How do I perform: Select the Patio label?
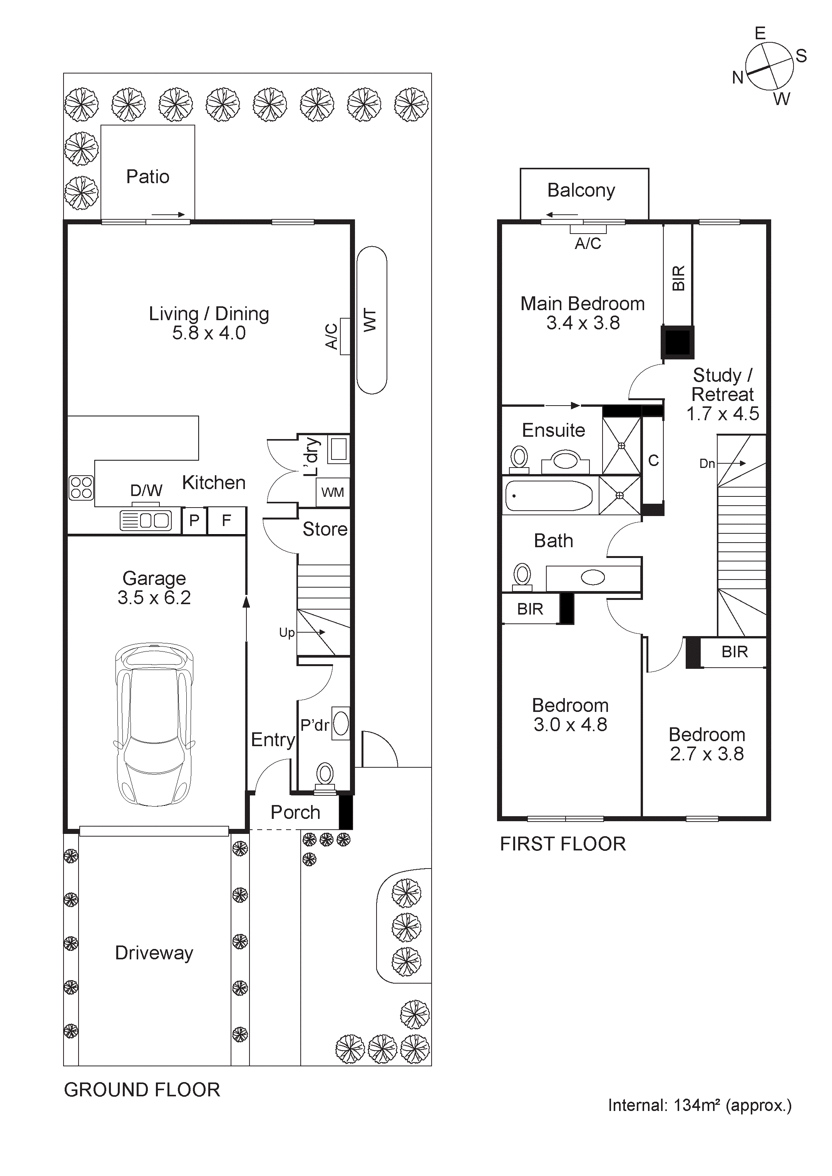point(147,177)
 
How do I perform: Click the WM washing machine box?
point(333,492)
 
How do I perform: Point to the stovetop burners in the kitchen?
point(81,488)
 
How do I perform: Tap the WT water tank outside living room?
point(372,320)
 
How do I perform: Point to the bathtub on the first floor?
point(548,496)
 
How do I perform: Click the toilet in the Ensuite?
point(519,458)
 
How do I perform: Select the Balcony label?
point(581,190)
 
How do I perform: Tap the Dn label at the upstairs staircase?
point(707,464)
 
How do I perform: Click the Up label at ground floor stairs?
point(286,633)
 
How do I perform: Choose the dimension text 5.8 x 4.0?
point(209,333)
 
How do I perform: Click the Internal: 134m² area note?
point(699,1105)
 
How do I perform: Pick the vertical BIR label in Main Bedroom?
point(678,278)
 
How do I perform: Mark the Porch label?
point(295,812)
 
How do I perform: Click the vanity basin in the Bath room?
point(593,578)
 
